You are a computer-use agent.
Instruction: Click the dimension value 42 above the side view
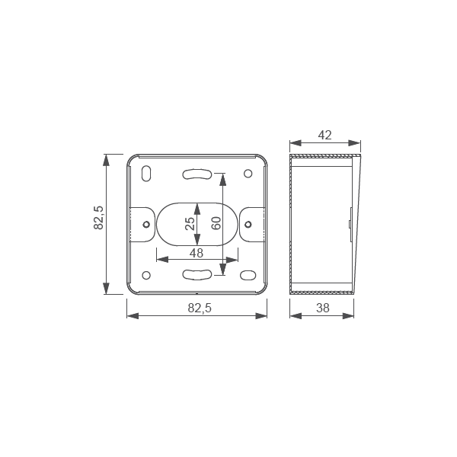[324, 135]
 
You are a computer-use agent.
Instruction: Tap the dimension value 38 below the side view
[322, 308]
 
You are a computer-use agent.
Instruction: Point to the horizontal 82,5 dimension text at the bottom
[198, 308]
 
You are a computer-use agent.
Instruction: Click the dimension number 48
[197, 253]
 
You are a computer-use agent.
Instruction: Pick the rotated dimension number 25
[190, 224]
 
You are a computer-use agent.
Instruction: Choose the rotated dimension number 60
[216, 224]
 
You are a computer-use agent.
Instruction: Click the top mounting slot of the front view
[197, 174]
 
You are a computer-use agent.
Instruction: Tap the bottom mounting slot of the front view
[197, 274]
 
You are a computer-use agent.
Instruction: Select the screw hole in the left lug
[146, 224]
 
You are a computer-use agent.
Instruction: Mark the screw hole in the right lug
[248, 224]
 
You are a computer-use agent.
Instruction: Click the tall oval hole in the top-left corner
[146, 174]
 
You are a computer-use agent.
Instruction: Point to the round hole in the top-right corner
[248, 173]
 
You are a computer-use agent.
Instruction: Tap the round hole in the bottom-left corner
[146, 275]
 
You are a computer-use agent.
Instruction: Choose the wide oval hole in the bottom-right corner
[248, 275]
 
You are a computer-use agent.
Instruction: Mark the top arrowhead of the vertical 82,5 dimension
[107, 160]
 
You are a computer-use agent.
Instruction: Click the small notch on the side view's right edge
[350, 225]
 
